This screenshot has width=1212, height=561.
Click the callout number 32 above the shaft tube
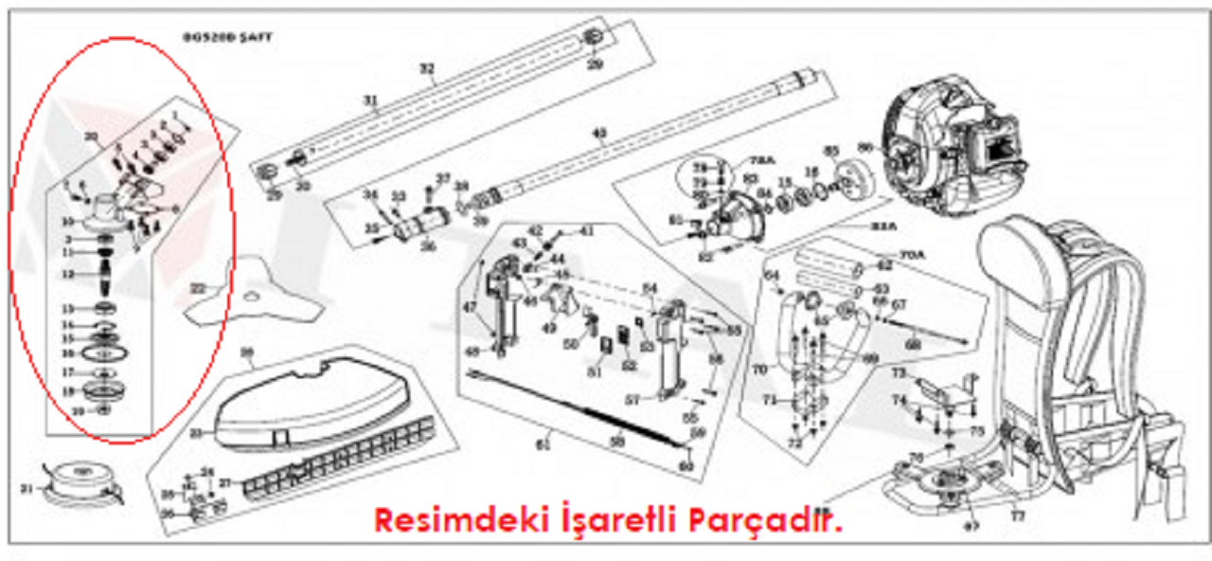pyautogui.click(x=426, y=68)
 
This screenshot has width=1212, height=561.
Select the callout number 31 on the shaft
pyautogui.click(x=369, y=100)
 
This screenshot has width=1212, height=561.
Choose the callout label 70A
pyautogui.click(x=911, y=255)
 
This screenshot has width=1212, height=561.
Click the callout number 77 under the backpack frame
pyautogui.click(x=1017, y=517)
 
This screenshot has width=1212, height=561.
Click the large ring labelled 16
pyautogui.click(x=103, y=353)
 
